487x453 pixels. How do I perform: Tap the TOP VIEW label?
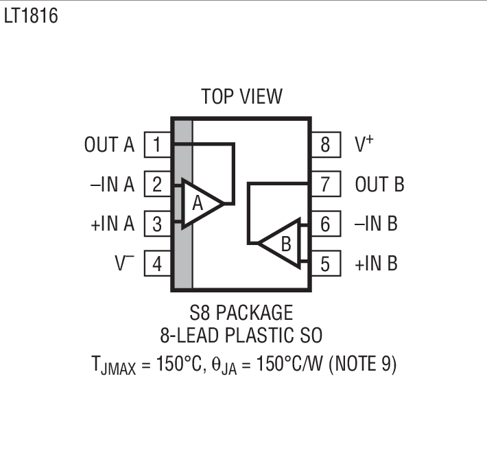(x=241, y=96)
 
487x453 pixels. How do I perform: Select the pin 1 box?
(x=158, y=145)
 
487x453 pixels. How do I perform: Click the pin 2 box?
(x=158, y=185)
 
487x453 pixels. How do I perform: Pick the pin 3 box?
(x=158, y=224)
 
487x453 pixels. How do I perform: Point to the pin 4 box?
(x=158, y=264)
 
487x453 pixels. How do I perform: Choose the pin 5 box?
(x=324, y=264)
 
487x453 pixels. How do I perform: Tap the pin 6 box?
(x=324, y=224)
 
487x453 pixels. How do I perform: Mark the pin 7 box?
(x=324, y=185)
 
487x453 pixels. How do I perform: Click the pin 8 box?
(x=324, y=145)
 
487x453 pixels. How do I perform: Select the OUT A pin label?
(x=110, y=145)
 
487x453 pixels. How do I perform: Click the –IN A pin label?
(x=112, y=185)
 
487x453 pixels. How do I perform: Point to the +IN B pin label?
(x=376, y=264)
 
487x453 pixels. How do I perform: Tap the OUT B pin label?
(x=379, y=185)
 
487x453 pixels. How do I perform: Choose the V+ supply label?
(x=364, y=144)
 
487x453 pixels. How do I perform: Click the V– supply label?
(x=124, y=264)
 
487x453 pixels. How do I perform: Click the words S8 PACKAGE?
(x=241, y=313)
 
